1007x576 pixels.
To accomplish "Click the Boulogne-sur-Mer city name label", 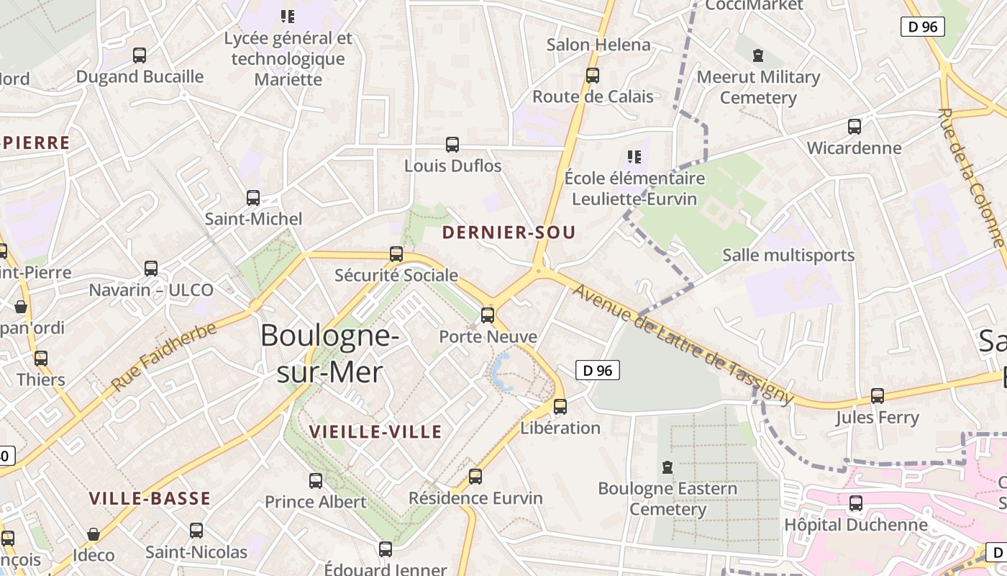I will [329, 354].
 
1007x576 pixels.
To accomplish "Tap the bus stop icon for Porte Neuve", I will [488, 315].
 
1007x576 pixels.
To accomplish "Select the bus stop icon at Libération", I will [560, 407].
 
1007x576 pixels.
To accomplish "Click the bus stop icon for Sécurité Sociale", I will [396, 254].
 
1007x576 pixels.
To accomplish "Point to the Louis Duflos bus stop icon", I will [452, 145].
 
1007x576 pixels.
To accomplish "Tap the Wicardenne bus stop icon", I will [855, 127].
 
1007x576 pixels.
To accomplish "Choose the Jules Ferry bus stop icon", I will [878, 396].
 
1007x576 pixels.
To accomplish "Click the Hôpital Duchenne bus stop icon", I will [856, 503].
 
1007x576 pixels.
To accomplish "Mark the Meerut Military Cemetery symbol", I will [757, 55].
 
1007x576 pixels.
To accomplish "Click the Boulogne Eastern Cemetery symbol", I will [667, 467].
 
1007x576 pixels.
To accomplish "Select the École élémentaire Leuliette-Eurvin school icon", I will [634, 156].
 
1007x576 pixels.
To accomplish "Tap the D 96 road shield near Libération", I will [598, 371].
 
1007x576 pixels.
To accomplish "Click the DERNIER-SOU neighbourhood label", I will [509, 233].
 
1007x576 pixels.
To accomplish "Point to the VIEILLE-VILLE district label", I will [375, 432].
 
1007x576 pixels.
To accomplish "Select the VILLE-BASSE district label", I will [150, 498].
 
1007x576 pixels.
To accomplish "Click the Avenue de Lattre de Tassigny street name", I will [683, 343].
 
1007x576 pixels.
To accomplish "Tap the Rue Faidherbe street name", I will [164, 357].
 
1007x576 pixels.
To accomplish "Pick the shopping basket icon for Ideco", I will [94, 534].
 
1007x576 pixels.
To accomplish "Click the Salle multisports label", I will [788, 256].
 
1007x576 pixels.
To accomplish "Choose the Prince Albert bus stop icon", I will [316, 480].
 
